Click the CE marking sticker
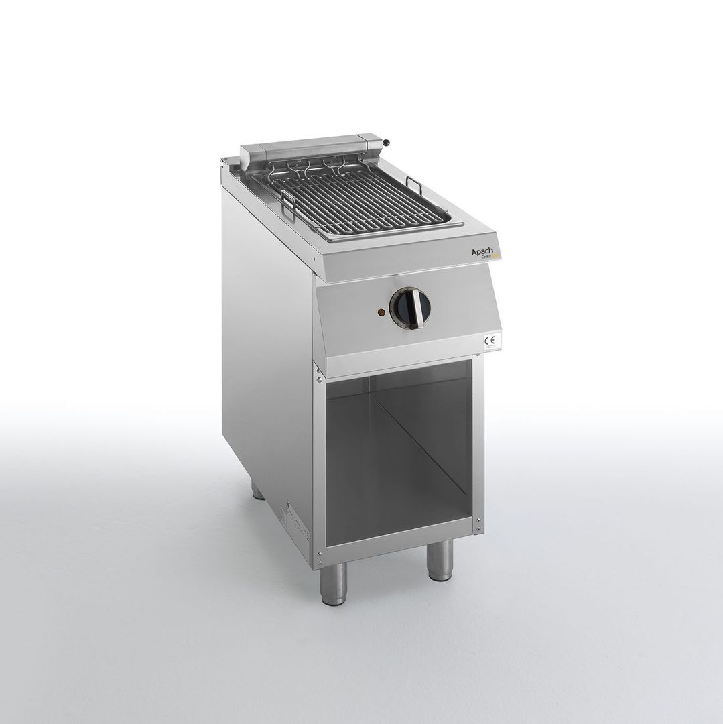click(x=490, y=340)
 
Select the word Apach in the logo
click(x=481, y=251)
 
